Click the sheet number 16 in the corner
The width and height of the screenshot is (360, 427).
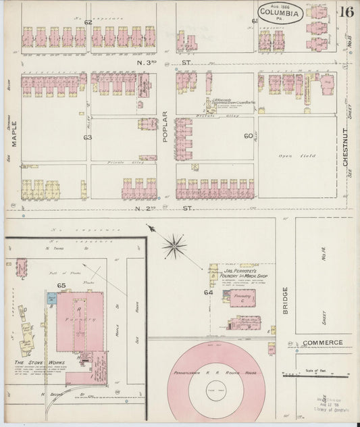pos(346,11)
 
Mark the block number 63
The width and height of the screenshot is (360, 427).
pos(87,137)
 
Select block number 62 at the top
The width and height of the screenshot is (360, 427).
pos(88,22)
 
